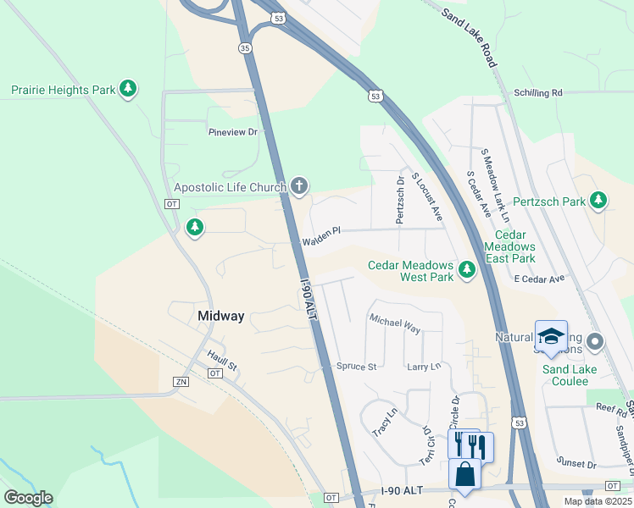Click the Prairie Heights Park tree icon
pyautogui.click(x=128, y=89)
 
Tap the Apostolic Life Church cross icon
pyautogui.click(x=298, y=185)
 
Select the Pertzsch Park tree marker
pyautogui.click(x=598, y=201)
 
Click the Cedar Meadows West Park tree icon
pyautogui.click(x=466, y=270)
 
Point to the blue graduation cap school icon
pyautogui.click(x=551, y=335)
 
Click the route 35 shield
pyautogui.click(x=246, y=48)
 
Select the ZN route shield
pyautogui.click(x=181, y=382)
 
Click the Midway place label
pyautogui.click(x=220, y=316)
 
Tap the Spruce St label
pyautogui.click(x=356, y=367)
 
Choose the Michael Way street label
pyautogui.click(x=394, y=322)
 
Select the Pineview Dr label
pyautogui.click(x=233, y=132)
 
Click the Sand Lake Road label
pyautogui.click(x=469, y=39)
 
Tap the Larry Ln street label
pyautogui.click(x=424, y=367)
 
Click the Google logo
pyautogui.click(x=28, y=498)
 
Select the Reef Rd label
pyautogui.click(x=610, y=410)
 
